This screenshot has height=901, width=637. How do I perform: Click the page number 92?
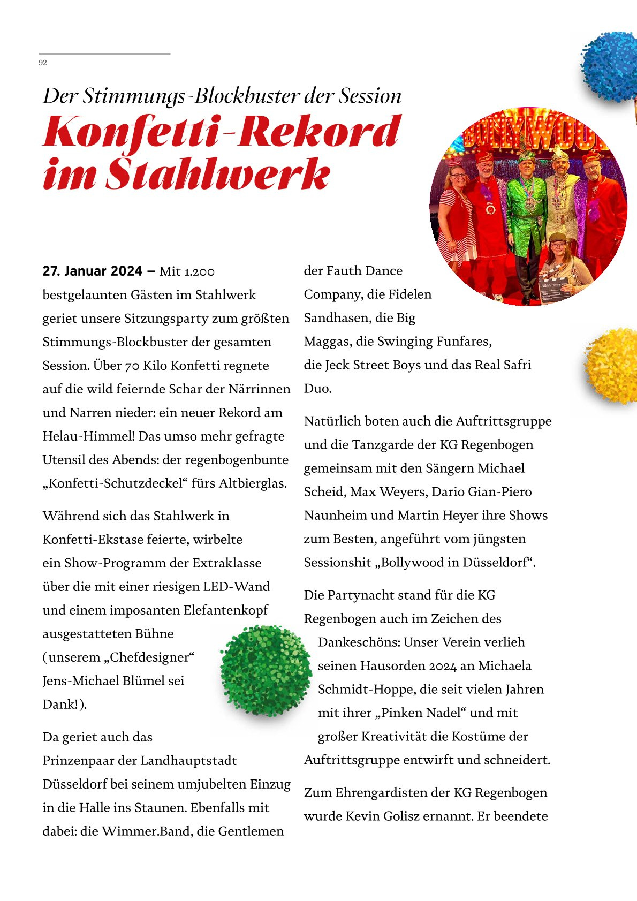coord(43,63)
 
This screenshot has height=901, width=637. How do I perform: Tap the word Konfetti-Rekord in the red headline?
coord(222,132)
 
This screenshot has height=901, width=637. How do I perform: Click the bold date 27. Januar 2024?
coord(93,271)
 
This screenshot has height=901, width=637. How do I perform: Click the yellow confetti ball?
coord(612,365)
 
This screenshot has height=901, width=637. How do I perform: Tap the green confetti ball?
coord(266,670)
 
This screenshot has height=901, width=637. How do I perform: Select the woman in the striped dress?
coord(453,217)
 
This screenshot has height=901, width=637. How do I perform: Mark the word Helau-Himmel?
coord(88,436)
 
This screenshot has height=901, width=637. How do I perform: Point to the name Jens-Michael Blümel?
coord(113,681)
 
